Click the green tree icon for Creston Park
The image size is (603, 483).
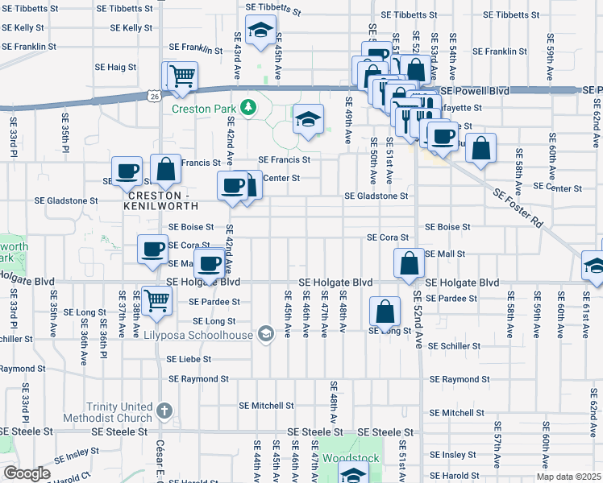click(249, 107)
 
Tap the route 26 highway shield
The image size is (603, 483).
click(153, 96)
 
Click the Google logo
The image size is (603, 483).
click(27, 473)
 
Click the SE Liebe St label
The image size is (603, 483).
click(189, 359)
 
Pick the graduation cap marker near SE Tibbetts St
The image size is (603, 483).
click(260, 31)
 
